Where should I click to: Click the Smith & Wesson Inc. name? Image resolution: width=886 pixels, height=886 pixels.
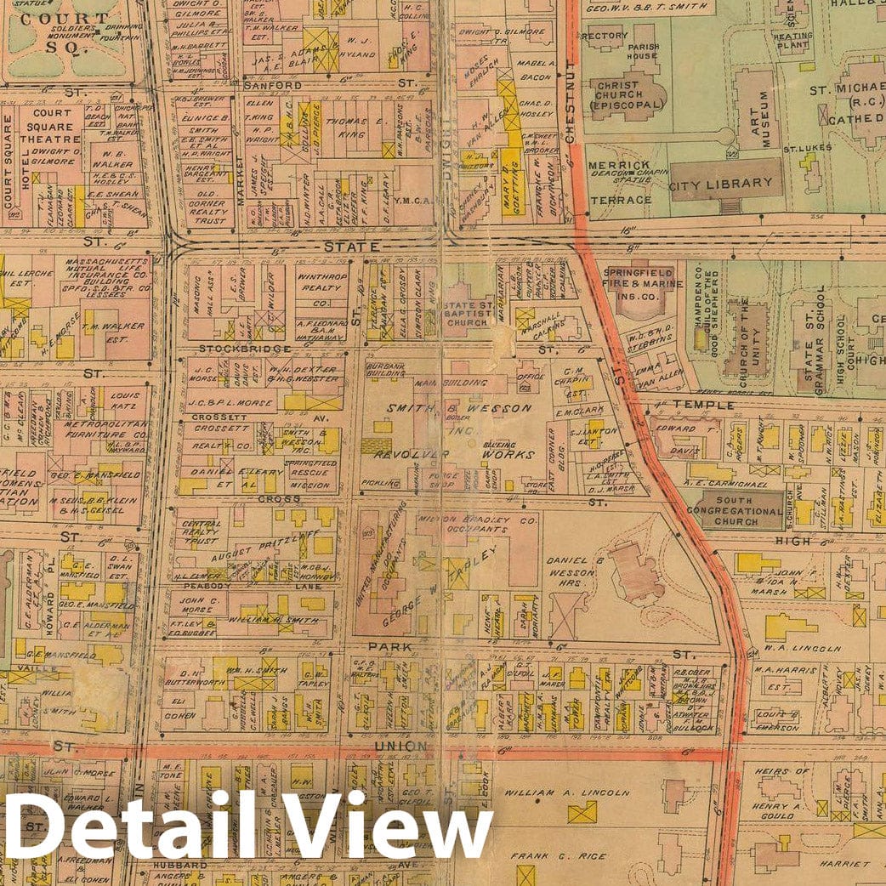[x=460, y=416]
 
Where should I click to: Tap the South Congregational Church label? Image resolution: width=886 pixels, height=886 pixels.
[x=736, y=511]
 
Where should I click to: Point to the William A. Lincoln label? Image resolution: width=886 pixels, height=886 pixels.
[x=567, y=792]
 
